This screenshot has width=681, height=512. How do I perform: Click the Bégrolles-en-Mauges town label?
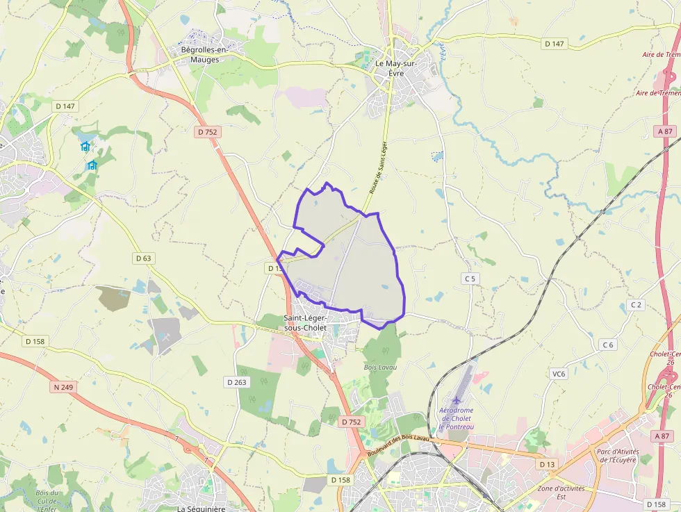point(200,55)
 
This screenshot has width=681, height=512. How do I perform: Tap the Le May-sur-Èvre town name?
point(396,67)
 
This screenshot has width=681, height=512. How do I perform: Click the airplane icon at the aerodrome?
point(456,400)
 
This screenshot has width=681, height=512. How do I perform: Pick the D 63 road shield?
point(143,258)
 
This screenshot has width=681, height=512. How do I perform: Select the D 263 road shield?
point(236,382)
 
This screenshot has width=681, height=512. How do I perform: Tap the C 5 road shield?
point(470,279)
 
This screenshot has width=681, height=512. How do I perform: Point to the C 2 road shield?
point(636,305)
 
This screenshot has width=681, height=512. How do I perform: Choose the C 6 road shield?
point(609,345)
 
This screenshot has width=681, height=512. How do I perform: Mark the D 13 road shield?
point(548,463)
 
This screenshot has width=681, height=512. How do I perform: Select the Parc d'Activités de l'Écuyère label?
point(617,455)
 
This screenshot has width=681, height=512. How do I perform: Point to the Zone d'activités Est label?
point(561,492)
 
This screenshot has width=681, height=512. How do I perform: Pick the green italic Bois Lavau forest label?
point(379,366)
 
